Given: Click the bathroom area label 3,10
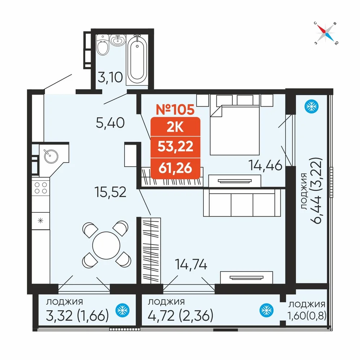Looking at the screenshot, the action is click(110, 77).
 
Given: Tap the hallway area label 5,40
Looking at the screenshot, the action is click(110, 123).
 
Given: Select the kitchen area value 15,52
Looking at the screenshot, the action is click(111, 192).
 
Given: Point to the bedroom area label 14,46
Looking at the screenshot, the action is click(265, 165).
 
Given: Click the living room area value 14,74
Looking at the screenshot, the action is click(191, 264).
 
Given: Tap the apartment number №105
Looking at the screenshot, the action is click(175, 109).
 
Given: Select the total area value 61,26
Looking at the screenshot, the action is click(175, 168).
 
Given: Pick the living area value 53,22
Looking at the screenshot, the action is click(175, 147).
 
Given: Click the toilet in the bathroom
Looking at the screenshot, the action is click(102, 45).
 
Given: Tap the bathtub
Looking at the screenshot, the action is click(137, 60).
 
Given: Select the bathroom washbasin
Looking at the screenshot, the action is click(118, 40).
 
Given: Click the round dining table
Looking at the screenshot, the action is click(106, 246).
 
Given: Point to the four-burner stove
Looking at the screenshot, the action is click(41, 188).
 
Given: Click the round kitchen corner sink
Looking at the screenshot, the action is click(51, 156).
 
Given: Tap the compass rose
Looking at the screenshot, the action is click(325, 33).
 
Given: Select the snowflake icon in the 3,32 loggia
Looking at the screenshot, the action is click(122, 310).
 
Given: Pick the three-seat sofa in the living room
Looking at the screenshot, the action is click(242, 202).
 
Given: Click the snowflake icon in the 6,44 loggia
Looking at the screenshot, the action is click(311, 107).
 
